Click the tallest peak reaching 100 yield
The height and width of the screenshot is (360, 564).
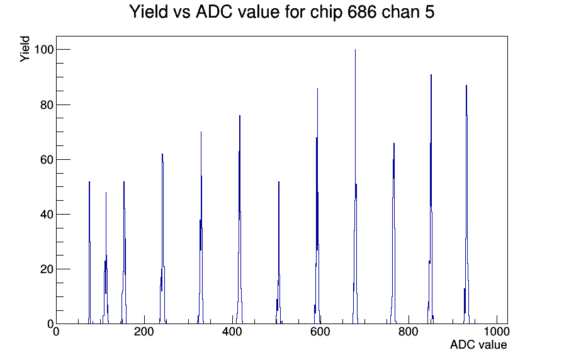pyautogui.click(x=356, y=187)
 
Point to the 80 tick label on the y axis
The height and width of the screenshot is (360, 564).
pyautogui.click(x=47, y=105)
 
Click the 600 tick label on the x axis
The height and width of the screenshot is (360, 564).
pyautogui.click(x=320, y=331)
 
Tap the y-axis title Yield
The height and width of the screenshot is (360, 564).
pyautogui.click(x=25, y=49)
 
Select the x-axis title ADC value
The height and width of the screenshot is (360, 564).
pyautogui.click(x=478, y=344)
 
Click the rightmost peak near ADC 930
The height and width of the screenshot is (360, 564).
pyautogui.click(x=466, y=205)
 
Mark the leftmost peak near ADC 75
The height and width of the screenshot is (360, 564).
pyautogui.click(x=89, y=252)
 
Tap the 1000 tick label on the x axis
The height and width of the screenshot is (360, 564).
pyautogui.click(x=497, y=331)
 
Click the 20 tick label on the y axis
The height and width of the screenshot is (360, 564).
pyautogui.click(x=47, y=269)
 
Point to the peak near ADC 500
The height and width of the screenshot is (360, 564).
pyautogui.click(x=279, y=252)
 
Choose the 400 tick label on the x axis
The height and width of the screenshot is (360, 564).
pyautogui.click(x=232, y=331)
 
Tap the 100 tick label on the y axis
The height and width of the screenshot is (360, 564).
pyautogui.click(x=44, y=49)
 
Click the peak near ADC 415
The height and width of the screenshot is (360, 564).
pyautogui.click(x=240, y=220)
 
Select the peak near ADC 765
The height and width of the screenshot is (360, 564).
pyautogui.click(x=394, y=233)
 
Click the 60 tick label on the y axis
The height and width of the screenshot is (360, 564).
pyautogui.click(x=47, y=160)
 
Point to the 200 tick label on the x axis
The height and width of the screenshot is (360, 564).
pyautogui.click(x=144, y=331)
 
